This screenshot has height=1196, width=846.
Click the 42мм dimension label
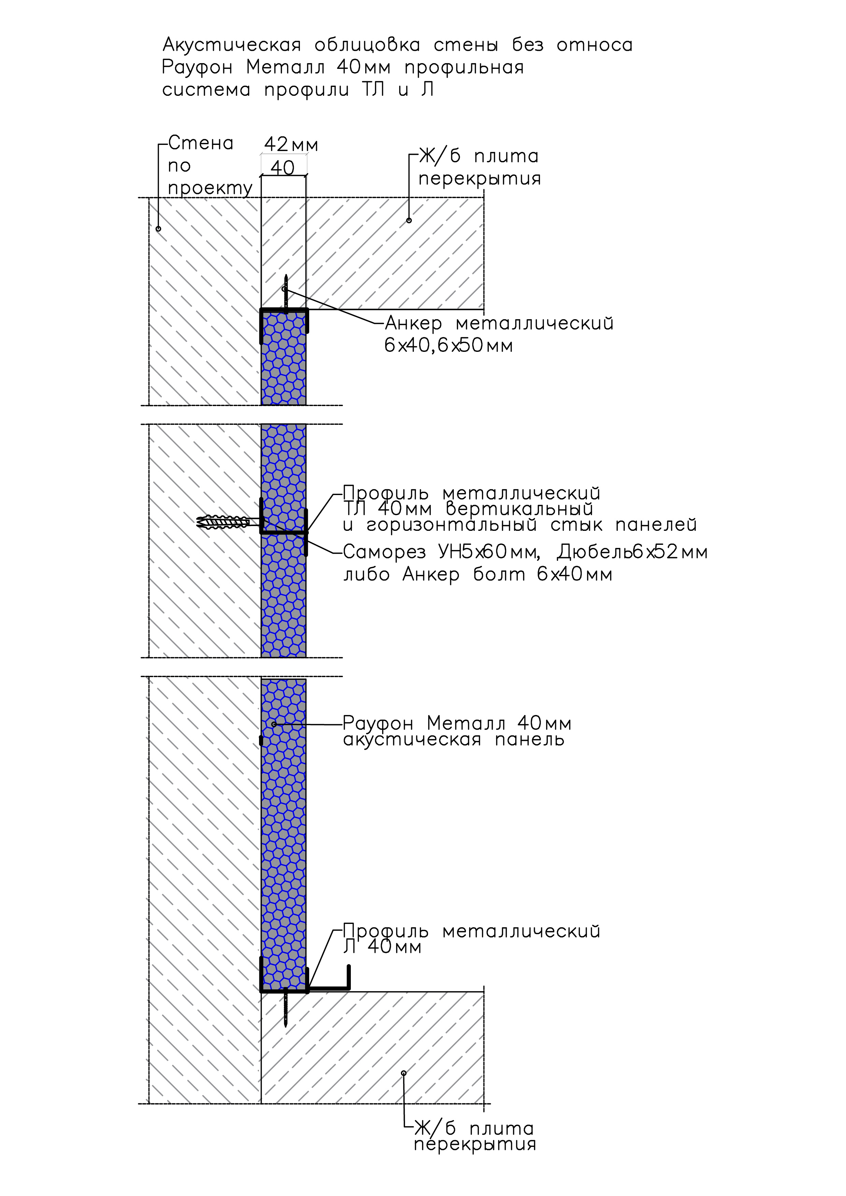[x=291, y=144]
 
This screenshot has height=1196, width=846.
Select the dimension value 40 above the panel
[x=283, y=168]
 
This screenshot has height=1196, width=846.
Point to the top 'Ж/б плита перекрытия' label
[x=479, y=167]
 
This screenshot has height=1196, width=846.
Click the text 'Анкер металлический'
[x=499, y=324]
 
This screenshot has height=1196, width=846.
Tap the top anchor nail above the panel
[x=286, y=293]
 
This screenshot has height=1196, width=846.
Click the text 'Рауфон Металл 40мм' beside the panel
[x=457, y=723]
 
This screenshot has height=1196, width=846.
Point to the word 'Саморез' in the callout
[x=385, y=552]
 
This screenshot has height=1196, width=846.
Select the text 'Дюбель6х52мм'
[x=632, y=552]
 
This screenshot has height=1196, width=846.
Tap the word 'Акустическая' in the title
[x=232, y=45]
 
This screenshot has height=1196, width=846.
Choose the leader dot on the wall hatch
[x=158, y=229]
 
